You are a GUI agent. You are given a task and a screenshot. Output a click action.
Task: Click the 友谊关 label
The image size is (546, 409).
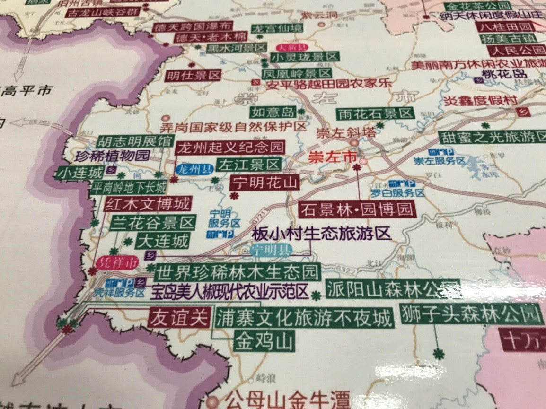point(178,317)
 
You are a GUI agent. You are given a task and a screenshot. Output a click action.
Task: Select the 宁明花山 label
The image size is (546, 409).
point(264,183)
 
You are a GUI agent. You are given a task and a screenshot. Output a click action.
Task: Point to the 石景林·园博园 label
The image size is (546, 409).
point(357,209)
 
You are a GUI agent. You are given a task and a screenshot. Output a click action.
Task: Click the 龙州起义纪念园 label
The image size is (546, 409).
point(230,148)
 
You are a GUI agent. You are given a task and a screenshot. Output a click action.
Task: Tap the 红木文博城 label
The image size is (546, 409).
point(147,204)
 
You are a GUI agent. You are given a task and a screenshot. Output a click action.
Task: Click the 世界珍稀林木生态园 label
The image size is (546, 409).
point(238,273)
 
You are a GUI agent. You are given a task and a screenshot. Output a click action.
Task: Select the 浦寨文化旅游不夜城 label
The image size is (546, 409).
point(305,318)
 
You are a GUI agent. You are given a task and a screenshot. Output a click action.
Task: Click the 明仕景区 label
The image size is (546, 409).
point(194,75)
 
